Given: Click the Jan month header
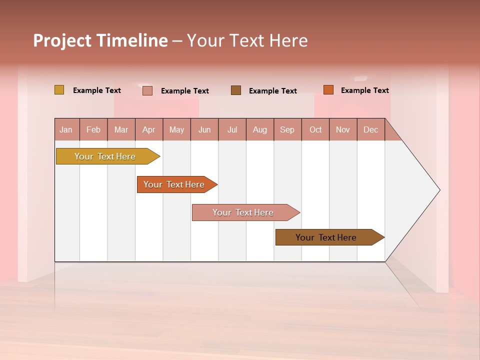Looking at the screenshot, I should (66, 129).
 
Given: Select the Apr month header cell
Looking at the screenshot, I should (149, 129).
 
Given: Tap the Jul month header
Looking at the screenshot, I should (232, 129).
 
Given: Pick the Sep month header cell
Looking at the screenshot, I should (287, 129).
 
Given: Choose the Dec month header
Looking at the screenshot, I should (370, 129).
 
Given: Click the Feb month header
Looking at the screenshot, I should (93, 129).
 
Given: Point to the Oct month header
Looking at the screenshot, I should (315, 129).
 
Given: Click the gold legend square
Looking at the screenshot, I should (59, 90).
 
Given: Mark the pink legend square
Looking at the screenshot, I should (147, 90).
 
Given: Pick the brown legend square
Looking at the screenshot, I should (236, 90).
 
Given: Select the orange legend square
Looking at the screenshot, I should (328, 90).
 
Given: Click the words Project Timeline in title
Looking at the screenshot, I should (100, 40).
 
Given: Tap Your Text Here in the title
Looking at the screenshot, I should (247, 40).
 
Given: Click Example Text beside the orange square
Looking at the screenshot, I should (364, 90).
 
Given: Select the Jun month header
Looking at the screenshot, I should (204, 129).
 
